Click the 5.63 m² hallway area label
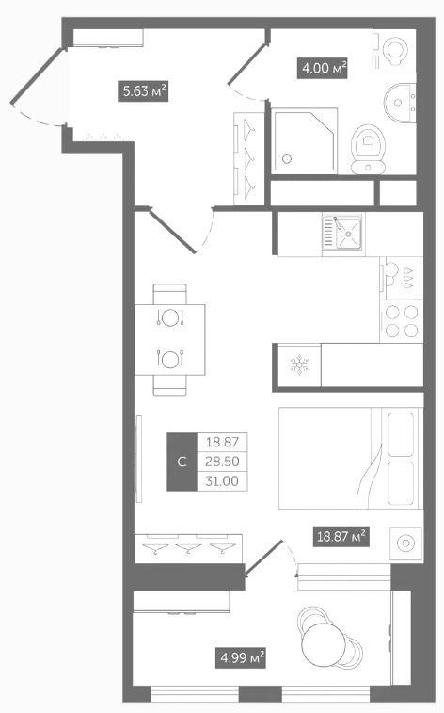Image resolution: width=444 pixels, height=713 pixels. (x=143, y=91)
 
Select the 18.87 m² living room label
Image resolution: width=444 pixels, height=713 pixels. (x=341, y=536)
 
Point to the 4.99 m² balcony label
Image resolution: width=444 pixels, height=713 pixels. (x=240, y=657)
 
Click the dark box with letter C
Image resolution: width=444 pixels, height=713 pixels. (x=182, y=462)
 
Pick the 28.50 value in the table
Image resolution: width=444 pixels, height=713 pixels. (x=222, y=462)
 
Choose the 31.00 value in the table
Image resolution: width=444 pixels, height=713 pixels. (x=222, y=481)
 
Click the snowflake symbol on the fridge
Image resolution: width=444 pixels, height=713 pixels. (x=299, y=365)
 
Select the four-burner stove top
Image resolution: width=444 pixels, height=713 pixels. (x=402, y=321)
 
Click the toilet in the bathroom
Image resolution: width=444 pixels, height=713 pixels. (x=368, y=149)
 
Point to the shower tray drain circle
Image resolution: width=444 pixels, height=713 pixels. (x=287, y=159)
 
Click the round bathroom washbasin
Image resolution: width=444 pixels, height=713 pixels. (x=400, y=104)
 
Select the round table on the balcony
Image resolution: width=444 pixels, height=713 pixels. (x=324, y=644)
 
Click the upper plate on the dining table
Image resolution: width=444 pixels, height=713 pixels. (x=170, y=317)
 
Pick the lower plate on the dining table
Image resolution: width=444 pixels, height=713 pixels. (x=170, y=359)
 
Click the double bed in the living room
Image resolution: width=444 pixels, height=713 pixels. (x=351, y=458)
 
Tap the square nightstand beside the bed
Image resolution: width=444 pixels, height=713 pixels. (x=405, y=543)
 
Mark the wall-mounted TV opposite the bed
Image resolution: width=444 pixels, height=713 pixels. (x=139, y=459)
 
